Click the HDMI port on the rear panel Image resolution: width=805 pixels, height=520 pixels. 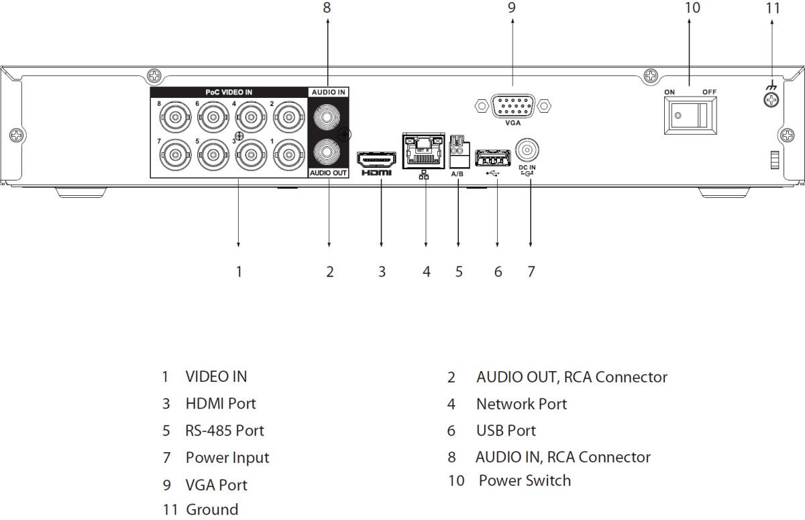pyautogui.click(x=376, y=160)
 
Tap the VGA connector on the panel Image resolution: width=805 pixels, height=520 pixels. pyautogui.click(x=513, y=105)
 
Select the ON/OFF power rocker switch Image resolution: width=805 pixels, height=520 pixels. pyautogui.click(x=690, y=115)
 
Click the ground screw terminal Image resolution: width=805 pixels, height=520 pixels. pyautogui.click(x=771, y=99)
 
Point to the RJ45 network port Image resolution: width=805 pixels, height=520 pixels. pyautogui.click(x=423, y=150)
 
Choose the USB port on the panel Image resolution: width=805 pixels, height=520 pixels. pyautogui.click(x=492, y=158)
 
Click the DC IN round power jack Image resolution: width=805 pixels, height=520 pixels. pyautogui.click(x=527, y=150)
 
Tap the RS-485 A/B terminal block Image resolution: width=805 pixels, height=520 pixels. pyautogui.click(x=459, y=152)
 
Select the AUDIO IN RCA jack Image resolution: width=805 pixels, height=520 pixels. pyautogui.click(x=327, y=117)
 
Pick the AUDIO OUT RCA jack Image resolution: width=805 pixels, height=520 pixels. pyautogui.click(x=327, y=152)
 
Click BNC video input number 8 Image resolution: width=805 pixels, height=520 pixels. pyautogui.click(x=175, y=117)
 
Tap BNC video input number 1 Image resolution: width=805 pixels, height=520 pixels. pyautogui.click(x=288, y=155)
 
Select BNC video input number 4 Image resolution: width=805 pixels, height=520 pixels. pyautogui.click(x=251, y=117)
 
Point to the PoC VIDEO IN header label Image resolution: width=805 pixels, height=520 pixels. pyautogui.click(x=229, y=93)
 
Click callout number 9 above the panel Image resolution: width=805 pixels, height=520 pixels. pyautogui.click(x=512, y=7)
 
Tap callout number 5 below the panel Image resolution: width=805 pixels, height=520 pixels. pyautogui.click(x=459, y=272)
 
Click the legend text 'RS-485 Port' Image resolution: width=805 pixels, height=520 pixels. pyautogui.click(x=224, y=431)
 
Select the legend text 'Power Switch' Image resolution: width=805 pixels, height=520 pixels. pyautogui.click(x=525, y=480)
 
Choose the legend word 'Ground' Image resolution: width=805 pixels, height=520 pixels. pyautogui.click(x=212, y=509)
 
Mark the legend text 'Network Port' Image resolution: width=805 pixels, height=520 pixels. pyautogui.click(x=521, y=404)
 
